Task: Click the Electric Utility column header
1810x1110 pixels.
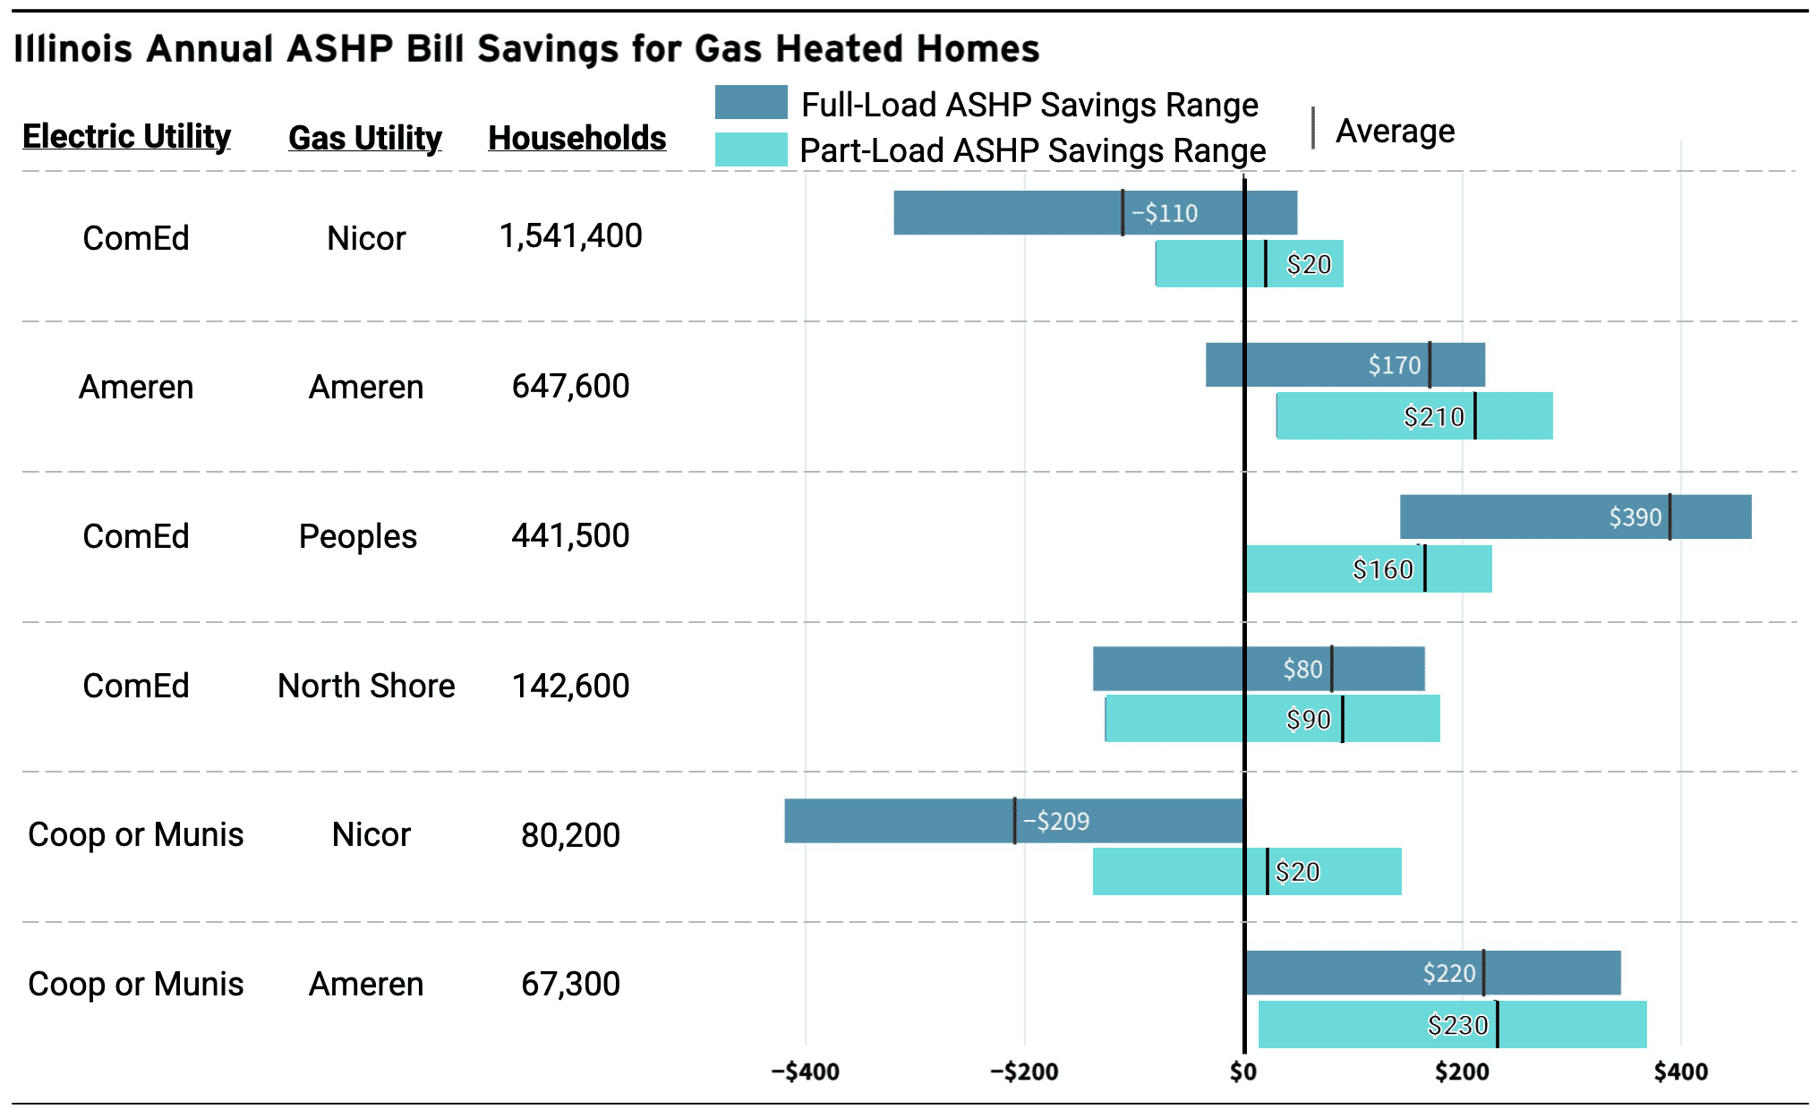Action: coord(126,136)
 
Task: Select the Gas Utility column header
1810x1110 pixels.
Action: coord(364,138)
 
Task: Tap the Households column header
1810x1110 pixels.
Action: coord(576,138)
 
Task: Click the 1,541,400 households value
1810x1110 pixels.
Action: coord(570,236)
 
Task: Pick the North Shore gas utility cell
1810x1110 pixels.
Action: coord(366,686)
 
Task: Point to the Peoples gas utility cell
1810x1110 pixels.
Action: coord(357,536)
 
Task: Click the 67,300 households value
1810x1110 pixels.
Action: coord(570,984)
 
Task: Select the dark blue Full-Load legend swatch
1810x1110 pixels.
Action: coord(750,102)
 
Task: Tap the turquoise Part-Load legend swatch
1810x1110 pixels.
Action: coord(750,149)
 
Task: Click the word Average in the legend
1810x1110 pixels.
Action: coord(1395,131)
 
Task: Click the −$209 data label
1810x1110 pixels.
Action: coord(1055,821)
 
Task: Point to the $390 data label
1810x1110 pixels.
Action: coord(1635,517)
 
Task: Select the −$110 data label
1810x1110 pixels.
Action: coord(1164,213)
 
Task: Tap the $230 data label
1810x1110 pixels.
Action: coord(1457,1025)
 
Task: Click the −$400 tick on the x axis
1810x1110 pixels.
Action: coord(805,1072)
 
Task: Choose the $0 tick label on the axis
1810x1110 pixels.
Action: coord(1242,1072)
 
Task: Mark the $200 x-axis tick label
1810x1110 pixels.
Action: coord(1461,1072)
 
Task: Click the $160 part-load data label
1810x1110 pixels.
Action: coord(1382,569)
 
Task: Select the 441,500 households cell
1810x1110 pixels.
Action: coord(570,536)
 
